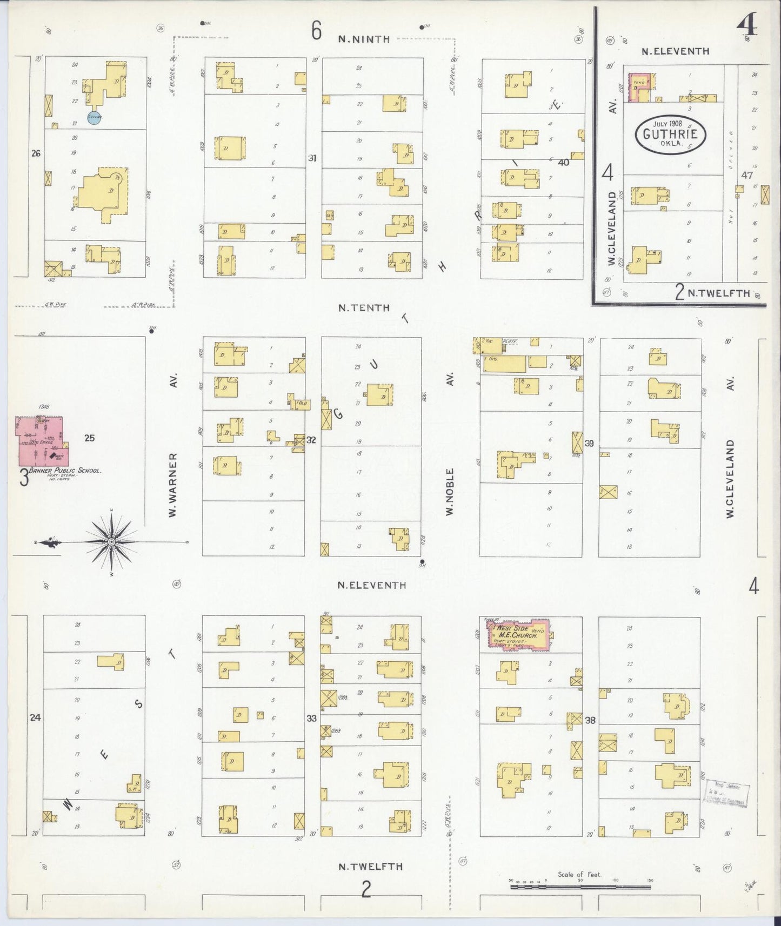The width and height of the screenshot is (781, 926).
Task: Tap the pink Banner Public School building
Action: pyautogui.click(x=41, y=441)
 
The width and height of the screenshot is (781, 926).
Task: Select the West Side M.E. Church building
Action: pyautogui.click(x=518, y=633)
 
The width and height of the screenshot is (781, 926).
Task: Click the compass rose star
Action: pyautogui.click(x=110, y=541)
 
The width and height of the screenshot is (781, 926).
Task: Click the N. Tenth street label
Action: pyautogui.click(x=364, y=307)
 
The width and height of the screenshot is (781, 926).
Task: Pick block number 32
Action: pyautogui.click(x=311, y=440)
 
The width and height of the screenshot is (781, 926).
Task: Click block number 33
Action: pyautogui.click(x=311, y=719)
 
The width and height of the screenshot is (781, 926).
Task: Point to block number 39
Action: pyautogui.click(x=589, y=444)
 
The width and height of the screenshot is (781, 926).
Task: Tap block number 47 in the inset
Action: pyautogui.click(x=747, y=175)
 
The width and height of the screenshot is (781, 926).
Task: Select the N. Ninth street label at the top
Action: pyautogui.click(x=364, y=39)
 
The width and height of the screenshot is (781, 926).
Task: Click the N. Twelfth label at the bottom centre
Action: pyautogui.click(x=370, y=866)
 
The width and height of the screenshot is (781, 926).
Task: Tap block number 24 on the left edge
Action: pyautogui.click(x=35, y=718)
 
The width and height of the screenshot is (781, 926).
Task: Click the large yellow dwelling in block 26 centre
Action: pyautogui.click(x=101, y=194)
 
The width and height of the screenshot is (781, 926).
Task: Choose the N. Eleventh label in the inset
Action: pyautogui.click(x=675, y=51)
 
